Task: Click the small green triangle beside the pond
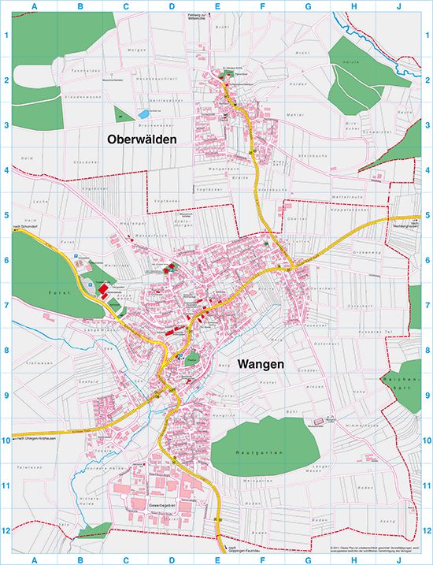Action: (120, 115)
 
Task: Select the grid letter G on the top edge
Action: (308, 7)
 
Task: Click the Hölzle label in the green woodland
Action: (353, 62)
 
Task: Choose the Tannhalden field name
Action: (83, 70)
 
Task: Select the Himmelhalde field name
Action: (346, 423)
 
